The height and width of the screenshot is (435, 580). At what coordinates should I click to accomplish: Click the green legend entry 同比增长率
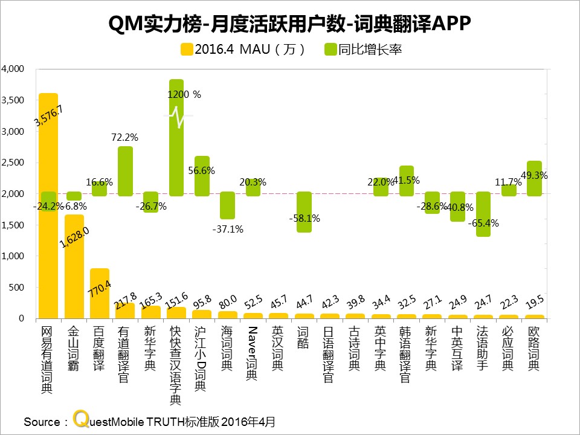pos(363,50)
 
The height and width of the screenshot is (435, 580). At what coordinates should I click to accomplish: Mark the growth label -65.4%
pos(483,223)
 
